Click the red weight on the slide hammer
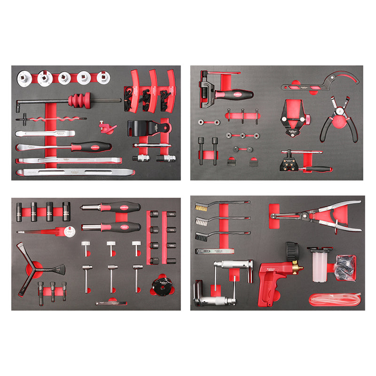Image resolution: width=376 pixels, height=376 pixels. pos(79,101)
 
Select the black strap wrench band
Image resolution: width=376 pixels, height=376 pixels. pos(141,127)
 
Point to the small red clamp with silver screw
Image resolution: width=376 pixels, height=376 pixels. pos(109,127)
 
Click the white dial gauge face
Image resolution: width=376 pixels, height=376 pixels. pos(70,231)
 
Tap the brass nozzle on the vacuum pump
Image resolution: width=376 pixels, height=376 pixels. pos(297,269)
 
